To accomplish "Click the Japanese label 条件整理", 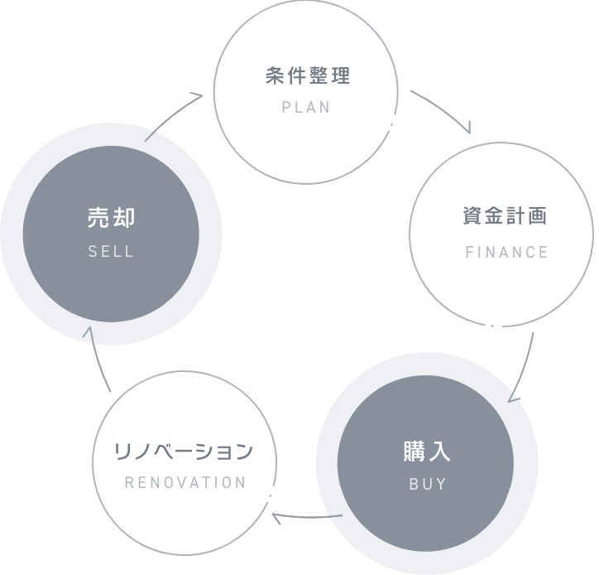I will [x=308, y=77].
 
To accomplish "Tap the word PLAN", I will [x=306, y=108].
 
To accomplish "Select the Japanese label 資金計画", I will [x=505, y=217].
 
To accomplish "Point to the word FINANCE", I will [x=507, y=252].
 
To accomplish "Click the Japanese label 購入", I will [x=427, y=452].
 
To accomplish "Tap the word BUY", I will [x=428, y=485].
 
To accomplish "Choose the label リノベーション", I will [x=183, y=452].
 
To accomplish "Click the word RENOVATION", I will [x=185, y=482].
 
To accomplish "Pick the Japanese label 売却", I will [x=111, y=218].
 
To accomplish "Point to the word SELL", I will [x=111, y=252].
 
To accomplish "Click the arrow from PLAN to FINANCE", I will [x=443, y=108].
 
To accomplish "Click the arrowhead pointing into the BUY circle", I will [x=513, y=396].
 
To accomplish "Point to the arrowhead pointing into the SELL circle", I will [x=90, y=331].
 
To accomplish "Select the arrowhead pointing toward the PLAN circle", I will [x=199, y=96].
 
